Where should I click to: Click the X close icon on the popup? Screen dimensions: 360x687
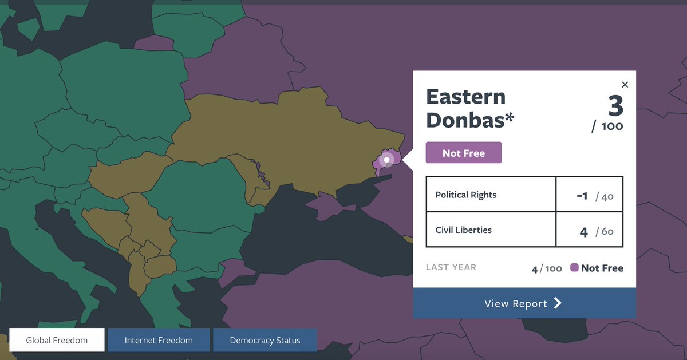tap(625, 85)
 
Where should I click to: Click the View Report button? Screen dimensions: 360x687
tap(524, 303)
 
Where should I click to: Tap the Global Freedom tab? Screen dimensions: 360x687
tap(57, 340)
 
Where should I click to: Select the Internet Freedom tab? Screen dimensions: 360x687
tap(159, 340)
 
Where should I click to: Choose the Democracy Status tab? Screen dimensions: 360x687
tap(264, 340)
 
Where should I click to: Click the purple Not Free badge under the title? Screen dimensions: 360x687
tap(464, 153)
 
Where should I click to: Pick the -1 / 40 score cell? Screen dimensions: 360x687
tap(590, 195)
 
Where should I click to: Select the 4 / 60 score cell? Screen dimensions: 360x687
tap(590, 231)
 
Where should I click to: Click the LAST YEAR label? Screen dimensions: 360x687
tap(451, 267)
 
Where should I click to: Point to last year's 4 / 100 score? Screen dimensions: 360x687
tap(547, 268)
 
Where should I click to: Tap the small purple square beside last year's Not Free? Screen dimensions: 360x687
tap(574, 268)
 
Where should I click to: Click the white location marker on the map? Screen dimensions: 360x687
tap(387, 160)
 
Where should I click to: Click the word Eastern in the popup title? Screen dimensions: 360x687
tap(465, 97)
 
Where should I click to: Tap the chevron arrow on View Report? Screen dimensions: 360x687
tap(558, 303)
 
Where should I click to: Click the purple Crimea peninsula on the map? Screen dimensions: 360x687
tap(326, 207)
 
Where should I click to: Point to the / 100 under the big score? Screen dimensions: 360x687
tap(607, 126)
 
